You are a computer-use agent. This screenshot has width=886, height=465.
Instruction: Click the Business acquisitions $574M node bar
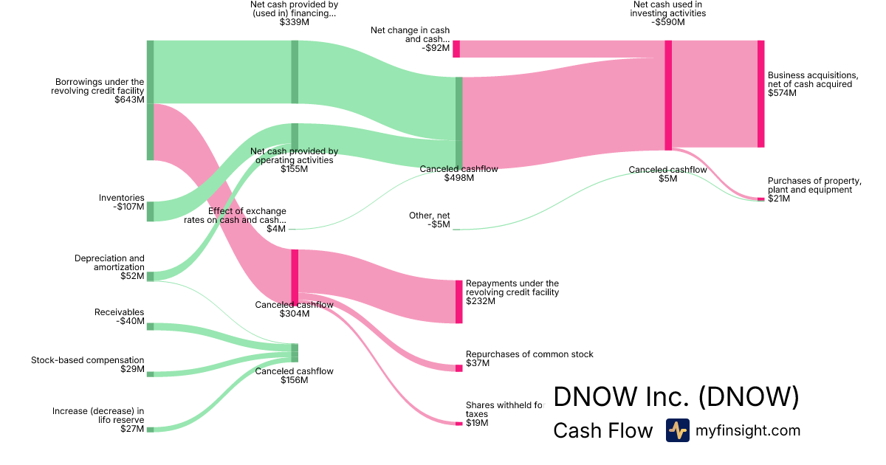click(760, 94)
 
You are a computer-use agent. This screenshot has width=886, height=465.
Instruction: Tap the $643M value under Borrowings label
click(129, 100)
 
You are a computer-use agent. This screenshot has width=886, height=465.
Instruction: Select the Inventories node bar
click(150, 211)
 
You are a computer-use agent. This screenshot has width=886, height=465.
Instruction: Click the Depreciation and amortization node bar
click(150, 276)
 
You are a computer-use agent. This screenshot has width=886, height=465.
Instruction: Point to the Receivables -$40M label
click(120, 317)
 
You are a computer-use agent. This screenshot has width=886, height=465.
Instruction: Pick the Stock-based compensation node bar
click(150, 374)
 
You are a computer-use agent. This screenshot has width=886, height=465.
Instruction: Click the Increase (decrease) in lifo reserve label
click(98, 416)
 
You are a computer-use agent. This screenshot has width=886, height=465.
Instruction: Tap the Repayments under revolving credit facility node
click(459, 301)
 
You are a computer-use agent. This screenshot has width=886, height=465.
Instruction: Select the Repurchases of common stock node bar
click(459, 368)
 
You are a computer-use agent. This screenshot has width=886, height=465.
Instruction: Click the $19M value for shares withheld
click(477, 423)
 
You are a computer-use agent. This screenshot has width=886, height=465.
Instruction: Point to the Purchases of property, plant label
click(814, 185)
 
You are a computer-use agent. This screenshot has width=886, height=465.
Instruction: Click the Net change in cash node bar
click(456, 49)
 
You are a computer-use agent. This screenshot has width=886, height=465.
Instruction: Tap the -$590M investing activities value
click(668, 22)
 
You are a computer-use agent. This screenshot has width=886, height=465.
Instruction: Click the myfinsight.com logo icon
click(677, 430)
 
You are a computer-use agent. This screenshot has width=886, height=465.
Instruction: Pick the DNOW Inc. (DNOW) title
click(676, 396)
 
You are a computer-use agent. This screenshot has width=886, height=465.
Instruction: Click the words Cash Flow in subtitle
click(602, 430)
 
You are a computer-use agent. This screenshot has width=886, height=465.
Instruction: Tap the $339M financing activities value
click(294, 22)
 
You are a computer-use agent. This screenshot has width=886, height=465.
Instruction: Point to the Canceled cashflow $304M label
click(294, 309)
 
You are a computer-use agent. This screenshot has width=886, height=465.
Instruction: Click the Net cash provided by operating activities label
click(294, 160)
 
